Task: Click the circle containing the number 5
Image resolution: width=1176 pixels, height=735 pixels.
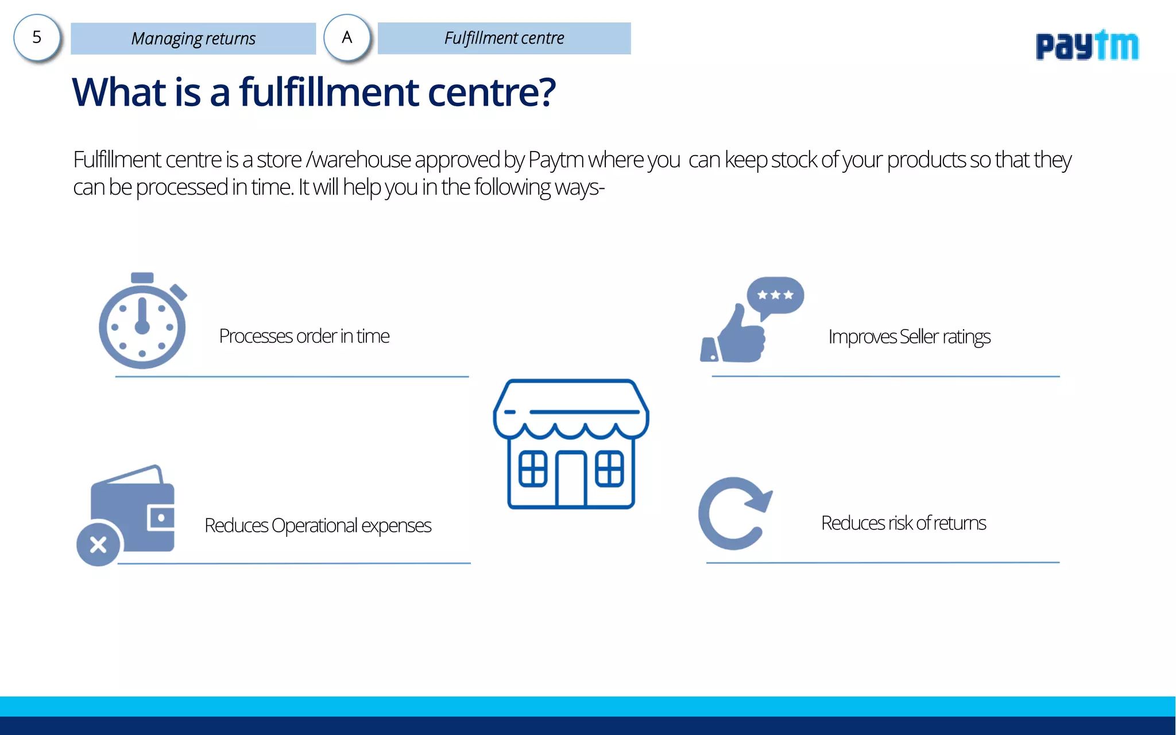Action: tap(37, 38)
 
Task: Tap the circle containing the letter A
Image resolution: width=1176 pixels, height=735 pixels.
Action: tap(347, 38)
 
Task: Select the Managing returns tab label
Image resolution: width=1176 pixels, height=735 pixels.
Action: tap(194, 38)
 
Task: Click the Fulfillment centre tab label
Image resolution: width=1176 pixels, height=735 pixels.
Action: tap(504, 38)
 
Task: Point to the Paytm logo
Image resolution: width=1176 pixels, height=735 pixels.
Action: tap(1086, 46)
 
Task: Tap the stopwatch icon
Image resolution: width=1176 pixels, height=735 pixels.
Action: tap(142, 323)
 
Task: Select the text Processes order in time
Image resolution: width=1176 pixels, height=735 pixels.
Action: tap(304, 336)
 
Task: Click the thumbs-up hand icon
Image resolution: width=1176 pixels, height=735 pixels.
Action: tap(738, 339)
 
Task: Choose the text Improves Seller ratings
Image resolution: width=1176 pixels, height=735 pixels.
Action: tap(909, 336)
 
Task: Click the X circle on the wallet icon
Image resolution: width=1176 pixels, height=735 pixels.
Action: tap(98, 544)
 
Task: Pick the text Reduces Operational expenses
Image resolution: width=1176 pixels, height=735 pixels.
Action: tap(318, 525)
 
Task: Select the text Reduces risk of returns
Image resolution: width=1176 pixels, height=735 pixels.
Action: tap(903, 523)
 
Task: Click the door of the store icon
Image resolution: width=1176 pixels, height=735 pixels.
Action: tap(571, 479)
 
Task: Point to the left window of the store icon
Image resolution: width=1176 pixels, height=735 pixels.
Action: tap(532, 469)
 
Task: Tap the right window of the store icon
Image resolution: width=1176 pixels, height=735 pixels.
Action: tap(609, 469)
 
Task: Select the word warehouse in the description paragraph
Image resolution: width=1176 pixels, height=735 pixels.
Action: tap(361, 160)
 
